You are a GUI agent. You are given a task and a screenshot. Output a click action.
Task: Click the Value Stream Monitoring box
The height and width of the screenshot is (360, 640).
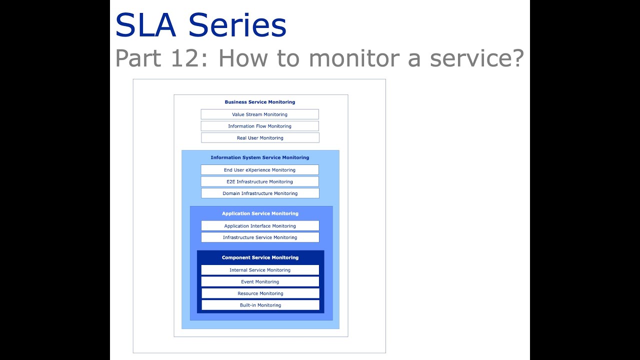click(259, 114)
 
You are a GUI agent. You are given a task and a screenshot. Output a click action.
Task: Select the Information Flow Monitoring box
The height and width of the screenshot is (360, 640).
click(259, 126)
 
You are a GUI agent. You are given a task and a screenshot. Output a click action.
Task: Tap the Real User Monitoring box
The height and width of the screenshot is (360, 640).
click(260, 138)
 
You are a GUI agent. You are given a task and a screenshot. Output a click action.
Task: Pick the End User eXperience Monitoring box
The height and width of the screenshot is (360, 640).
click(259, 170)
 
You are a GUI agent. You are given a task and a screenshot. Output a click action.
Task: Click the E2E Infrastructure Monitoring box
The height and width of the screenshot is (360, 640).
click(259, 181)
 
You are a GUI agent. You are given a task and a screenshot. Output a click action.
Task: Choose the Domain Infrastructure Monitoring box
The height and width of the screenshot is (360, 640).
click(260, 193)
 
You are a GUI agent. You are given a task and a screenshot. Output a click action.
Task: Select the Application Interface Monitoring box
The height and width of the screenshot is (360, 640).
click(260, 226)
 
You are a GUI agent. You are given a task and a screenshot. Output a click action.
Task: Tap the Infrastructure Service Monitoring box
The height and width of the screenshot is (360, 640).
click(260, 237)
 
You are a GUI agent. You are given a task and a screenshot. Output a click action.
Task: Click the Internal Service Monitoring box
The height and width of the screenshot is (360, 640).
click(260, 270)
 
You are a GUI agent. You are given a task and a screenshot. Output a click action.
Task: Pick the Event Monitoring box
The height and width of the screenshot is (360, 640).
click(260, 282)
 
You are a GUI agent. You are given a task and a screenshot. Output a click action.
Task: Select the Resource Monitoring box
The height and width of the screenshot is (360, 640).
click(260, 293)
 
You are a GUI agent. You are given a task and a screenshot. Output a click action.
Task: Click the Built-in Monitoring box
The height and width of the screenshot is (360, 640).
click(260, 305)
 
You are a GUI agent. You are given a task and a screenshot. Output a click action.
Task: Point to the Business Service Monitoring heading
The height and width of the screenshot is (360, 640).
click(260, 102)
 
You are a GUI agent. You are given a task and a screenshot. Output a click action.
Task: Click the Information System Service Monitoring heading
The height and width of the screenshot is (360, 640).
click(260, 157)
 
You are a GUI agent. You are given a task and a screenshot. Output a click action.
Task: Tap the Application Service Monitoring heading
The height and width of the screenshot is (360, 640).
click(260, 213)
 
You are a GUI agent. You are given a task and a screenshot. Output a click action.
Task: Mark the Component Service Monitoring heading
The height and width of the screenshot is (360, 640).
click(260, 257)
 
